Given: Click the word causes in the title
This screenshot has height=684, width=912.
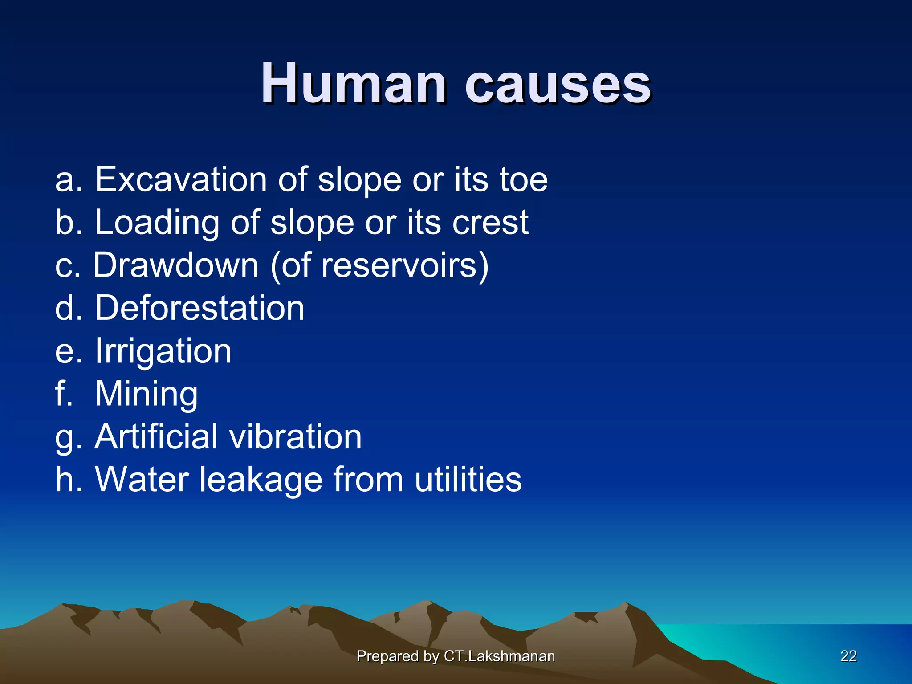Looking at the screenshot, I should pyautogui.click(x=558, y=85).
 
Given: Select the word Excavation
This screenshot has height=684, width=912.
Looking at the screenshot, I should pyautogui.click(x=181, y=179).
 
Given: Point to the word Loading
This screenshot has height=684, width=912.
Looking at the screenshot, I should pyautogui.click(x=157, y=223).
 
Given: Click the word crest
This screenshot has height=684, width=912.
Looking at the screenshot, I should pyautogui.click(x=490, y=222).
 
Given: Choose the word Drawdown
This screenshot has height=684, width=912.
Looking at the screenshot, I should pyautogui.click(x=176, y=265).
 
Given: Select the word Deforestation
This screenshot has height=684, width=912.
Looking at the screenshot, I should pyautogui.click(x=199, y=308).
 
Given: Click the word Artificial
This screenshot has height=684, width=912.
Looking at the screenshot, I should pyautogui.click(x=156, y=436).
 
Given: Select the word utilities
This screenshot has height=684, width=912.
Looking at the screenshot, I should pyautogui.click(x=468, y=479).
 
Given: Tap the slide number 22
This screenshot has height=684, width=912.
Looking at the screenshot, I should pyautogui.click(x=848, y=656).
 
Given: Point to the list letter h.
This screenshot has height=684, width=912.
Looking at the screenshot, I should pyautogui.click(x=65, y=479).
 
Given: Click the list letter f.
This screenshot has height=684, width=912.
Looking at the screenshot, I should pyautogui.click(x=63, y=393).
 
